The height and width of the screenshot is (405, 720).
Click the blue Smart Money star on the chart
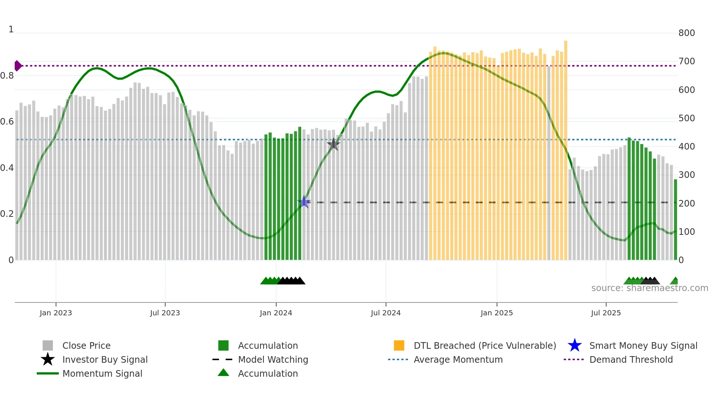coord(304,202)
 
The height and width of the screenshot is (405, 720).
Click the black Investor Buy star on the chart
coord(334,144)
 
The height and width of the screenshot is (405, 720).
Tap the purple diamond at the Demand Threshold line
coord(18,66)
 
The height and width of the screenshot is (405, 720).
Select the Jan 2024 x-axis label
coord(276,313)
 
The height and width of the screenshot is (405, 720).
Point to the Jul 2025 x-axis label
coord(606,313)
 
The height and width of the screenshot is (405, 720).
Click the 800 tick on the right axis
coord(687,33)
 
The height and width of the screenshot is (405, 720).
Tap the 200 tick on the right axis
coord(687,203)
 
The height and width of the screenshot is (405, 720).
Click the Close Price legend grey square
coord(48,345)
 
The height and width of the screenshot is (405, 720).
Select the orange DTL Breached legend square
coord(399,345)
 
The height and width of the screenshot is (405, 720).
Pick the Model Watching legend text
coord(273,359)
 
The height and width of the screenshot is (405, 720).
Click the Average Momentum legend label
coord(458,359)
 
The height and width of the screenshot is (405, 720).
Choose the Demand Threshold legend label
coord(631,359)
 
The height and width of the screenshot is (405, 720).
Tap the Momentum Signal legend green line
coord(48,373)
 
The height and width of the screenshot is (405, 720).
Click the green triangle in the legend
coord(223,373)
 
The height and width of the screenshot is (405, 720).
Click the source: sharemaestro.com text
coord(649,288)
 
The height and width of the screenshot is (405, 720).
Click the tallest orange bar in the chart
coord(566,147)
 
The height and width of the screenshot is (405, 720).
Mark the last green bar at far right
coord(675,221)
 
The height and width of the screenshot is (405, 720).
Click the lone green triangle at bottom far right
coord(675,281)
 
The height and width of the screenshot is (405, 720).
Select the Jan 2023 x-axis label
coord(56,313)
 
